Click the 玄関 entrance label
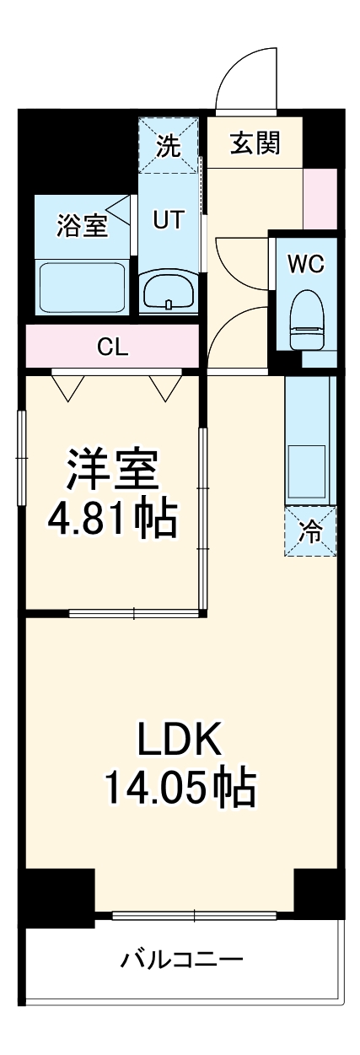pyautogui.click(x=254, y=144)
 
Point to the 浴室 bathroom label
pyautogui.click(x=82, y=225)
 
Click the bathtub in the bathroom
pyautogui.click(x=81, y=286)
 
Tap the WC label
pyautogui.click(x=304, y=263)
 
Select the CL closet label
pyautogui.click(x=112, y=347)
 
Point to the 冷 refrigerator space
pyautogui.click(x=311, y=531)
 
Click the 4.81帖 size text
pyautogui.click(x=111, y=520)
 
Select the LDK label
pyautogui.click(x=180, y=740)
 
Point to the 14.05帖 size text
pyautogui.click(x=180, y=788)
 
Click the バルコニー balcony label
pyautogui.click(x=182, y=959)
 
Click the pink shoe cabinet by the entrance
pyautogui.click(x=320, y=199)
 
